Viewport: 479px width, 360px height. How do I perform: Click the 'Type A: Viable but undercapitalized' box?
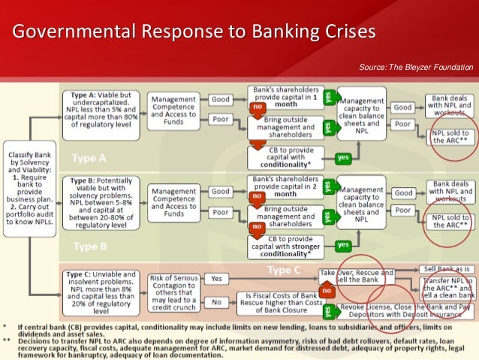tap(103, 111)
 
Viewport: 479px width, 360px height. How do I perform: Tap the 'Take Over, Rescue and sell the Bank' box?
tap(355, 276)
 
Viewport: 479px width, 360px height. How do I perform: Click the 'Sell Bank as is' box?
tap(447, 268)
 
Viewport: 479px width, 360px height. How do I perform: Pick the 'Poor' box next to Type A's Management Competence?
tap(220, 119)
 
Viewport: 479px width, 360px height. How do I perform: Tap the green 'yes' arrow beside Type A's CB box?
tap(343, 158)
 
